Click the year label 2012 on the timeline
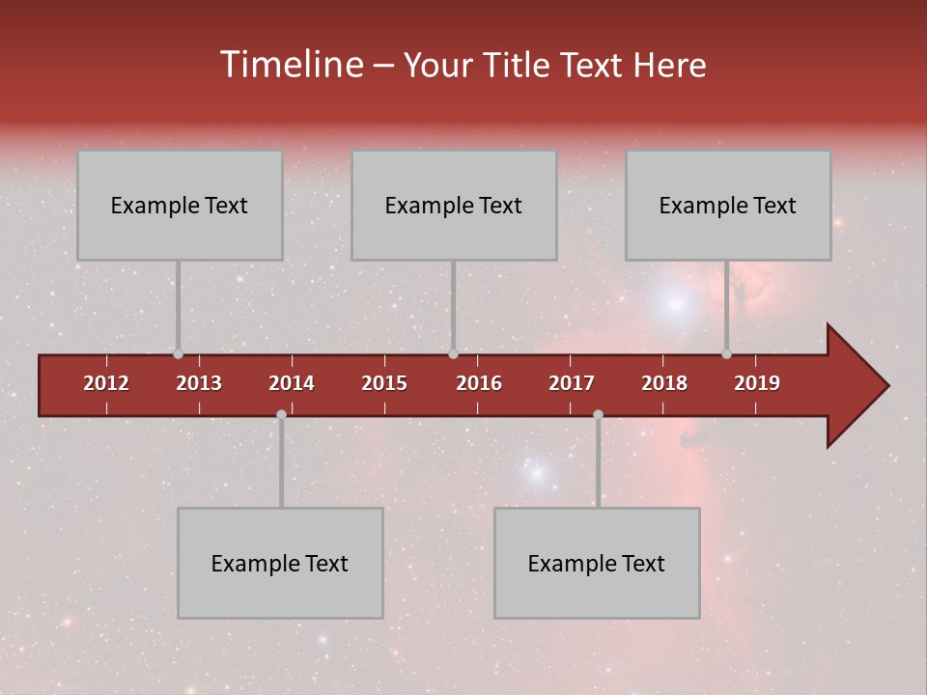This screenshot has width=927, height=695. pos(106,383)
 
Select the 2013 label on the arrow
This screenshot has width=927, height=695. pos(199,383)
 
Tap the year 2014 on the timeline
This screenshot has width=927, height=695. pos(292,383)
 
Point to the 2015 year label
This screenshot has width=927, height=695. pos(384,383)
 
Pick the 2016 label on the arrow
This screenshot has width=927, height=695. pos(479,383)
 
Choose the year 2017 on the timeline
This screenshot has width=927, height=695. pos(572,383)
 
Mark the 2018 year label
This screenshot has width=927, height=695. pos(664,383)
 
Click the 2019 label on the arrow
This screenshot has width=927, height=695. pos(757,383)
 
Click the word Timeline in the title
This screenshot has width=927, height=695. pos(291,65)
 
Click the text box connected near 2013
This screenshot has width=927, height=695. pos(180,205)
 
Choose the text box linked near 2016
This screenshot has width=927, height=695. pos(454,205)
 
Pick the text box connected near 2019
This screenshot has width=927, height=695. pos(728,205)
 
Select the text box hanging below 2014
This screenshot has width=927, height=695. pos(280,563)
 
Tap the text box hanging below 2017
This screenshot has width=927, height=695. pos(597,563)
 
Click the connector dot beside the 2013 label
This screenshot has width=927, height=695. pos(178,354)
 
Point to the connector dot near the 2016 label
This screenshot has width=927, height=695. pos(453,354)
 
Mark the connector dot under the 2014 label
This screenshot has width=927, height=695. pos(281,415)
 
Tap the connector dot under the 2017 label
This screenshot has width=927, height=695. pos(598,415)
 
